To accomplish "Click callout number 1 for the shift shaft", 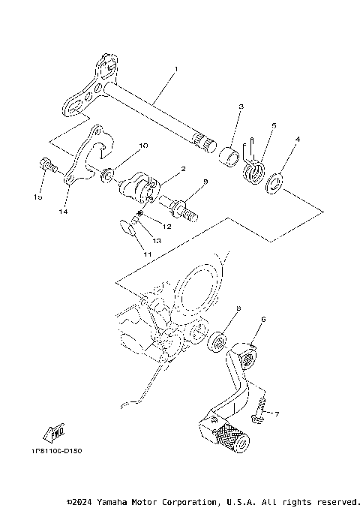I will (x=175, y=69).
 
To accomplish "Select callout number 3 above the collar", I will (x=240, y=108).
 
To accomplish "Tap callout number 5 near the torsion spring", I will (x=274, y=126).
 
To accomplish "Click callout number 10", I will (x=143, y=145).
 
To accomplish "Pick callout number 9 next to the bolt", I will (x=205, y=182).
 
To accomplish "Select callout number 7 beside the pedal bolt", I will (x=276, y=413).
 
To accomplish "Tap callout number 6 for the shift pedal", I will (x=263, y=319).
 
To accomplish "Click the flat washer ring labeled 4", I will (x=274, y=182).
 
